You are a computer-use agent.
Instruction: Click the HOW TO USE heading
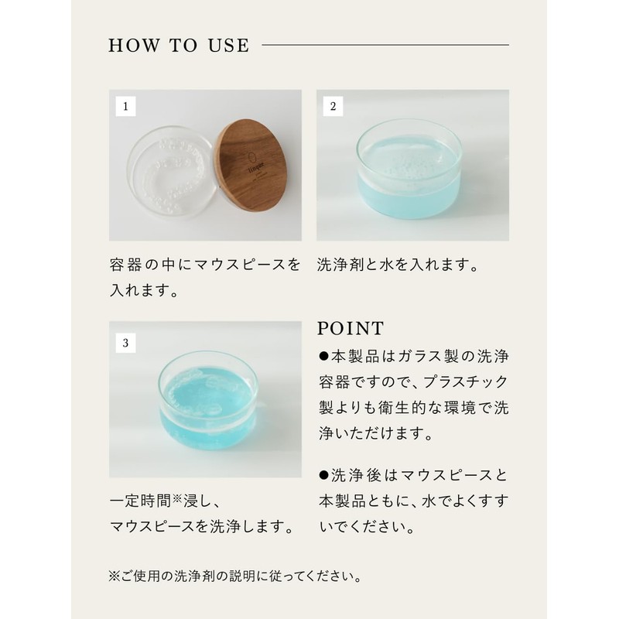179,46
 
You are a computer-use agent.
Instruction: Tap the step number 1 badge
125,106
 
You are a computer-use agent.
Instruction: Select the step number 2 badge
333,106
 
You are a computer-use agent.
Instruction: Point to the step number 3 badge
125,343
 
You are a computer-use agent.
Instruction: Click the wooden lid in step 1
253,166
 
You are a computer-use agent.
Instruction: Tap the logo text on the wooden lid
256,166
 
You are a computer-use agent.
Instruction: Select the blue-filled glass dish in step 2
409,169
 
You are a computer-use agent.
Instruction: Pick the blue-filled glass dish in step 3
208,401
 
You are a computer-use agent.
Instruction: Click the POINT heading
351,328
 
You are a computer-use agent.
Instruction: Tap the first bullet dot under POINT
323,357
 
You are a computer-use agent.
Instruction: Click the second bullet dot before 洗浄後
323,475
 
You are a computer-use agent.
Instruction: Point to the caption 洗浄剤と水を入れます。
398,265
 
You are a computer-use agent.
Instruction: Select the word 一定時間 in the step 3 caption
141,501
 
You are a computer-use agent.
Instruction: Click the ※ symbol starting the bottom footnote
115,576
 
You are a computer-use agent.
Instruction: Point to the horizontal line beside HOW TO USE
385,45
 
